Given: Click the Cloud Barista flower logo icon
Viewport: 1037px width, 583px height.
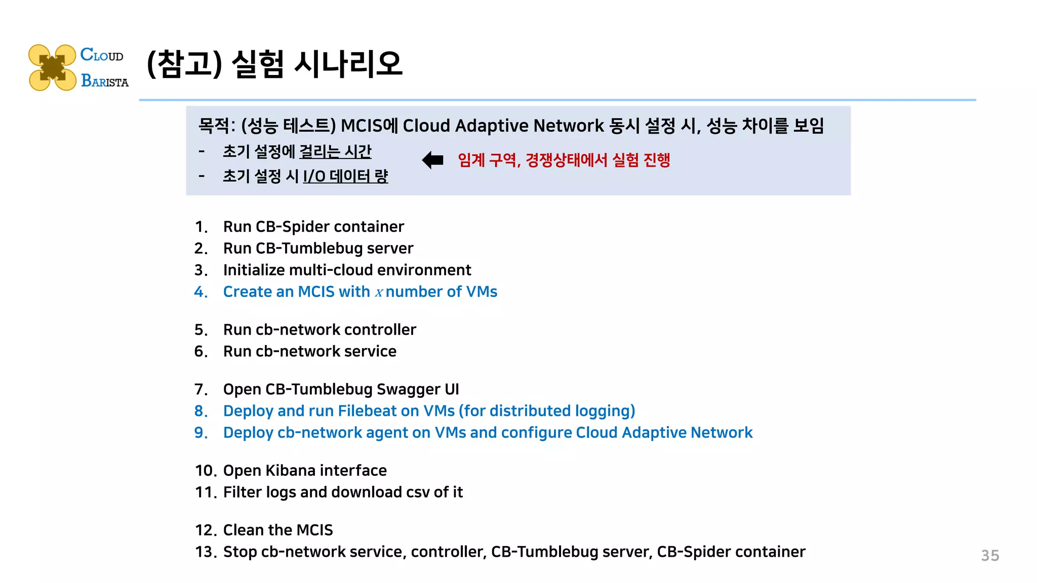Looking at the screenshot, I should (x=52, y=68).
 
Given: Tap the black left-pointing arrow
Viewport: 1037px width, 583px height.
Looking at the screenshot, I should (x=433, y=160).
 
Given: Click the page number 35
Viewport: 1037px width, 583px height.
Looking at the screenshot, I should (x=990, y=556).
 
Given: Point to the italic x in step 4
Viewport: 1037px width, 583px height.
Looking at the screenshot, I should (x=379, y=293).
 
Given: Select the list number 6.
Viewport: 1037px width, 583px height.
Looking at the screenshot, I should (x=201, y=352).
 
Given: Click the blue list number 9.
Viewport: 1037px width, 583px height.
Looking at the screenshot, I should (x=201, y=433).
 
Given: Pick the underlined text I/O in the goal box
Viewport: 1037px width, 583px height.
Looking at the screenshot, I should (x=314, y=177).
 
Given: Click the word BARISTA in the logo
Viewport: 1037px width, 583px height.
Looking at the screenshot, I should (x=105, y=81).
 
